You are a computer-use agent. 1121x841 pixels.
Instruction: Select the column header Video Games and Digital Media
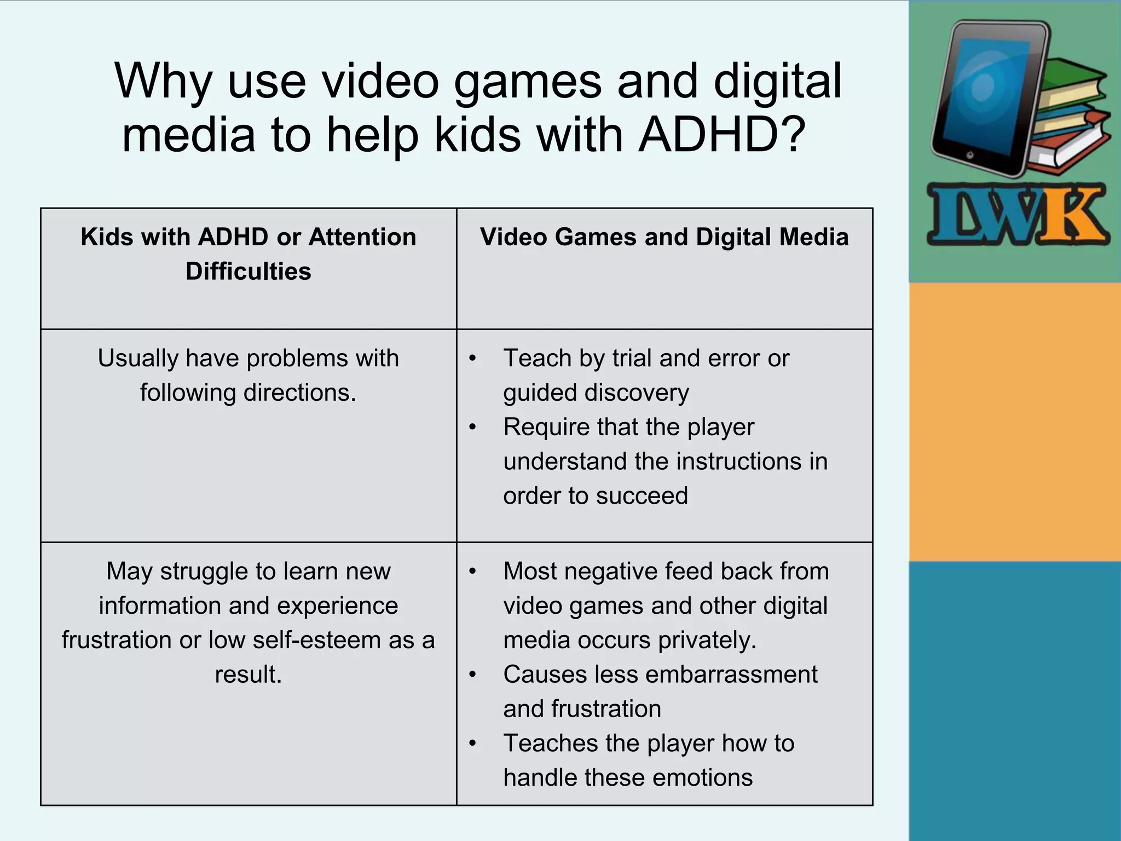[x=664, y=237]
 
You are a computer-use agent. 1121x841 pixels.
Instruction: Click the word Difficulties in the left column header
[x=248, y=272]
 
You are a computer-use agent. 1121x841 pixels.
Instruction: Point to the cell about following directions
[x=248, y=375]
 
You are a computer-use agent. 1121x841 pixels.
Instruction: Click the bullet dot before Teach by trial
[x=473, y=359]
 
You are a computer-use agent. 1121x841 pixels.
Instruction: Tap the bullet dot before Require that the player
[x=473, y=427]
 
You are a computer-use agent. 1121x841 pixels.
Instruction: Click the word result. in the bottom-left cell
[x=248, y=675]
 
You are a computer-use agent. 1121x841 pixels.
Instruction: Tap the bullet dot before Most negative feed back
[x=473, y=572]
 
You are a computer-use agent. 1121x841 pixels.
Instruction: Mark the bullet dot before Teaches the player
[x=473, y=744]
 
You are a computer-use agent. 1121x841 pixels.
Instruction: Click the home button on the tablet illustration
[x=970, y=155]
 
